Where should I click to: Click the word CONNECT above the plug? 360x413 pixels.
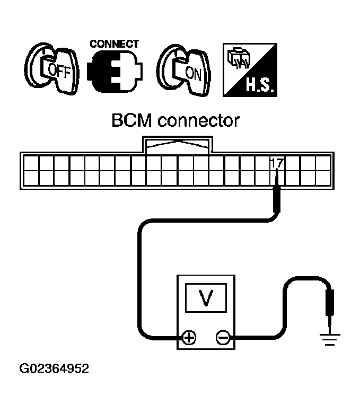click(114, 43)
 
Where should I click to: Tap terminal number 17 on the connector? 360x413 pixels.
click(276, 163)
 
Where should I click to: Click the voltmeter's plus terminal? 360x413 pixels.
click(189, 337)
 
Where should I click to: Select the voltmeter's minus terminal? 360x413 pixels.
click(223, 337)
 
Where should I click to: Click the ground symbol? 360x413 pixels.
click(330, 339)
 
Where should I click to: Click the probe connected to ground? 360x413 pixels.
click(330, 306)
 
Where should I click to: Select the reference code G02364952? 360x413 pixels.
click(54, 368)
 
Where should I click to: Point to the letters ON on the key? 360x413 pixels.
click(194, 73)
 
